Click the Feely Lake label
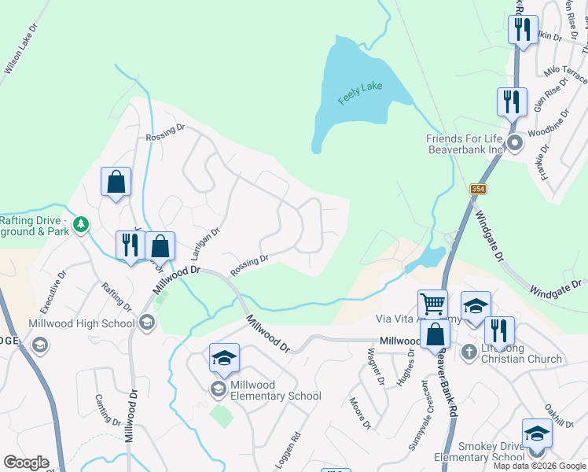[x=360, y=92]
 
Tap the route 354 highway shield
[x=477, y=190]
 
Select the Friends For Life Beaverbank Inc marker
[x=515, y=143]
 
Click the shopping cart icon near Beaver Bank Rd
[x=432, y=303]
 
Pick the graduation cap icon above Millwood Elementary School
[x=224, y=358]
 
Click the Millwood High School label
[x=82, y=323]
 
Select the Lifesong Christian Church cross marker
[x=469, y=352]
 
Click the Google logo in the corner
[x=26, y=463]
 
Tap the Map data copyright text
[x=540, y=466]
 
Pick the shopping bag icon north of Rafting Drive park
[x=116, y=182]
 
